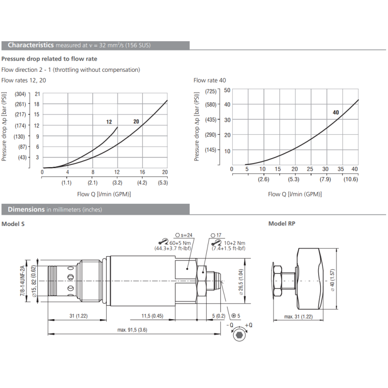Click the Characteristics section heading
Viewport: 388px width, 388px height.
point(31,45)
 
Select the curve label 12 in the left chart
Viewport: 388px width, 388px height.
point(109,122)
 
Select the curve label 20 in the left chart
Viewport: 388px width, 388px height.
point(136,121)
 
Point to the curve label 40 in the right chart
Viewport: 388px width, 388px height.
point(336,113)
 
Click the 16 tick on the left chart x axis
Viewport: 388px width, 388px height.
point(143,172)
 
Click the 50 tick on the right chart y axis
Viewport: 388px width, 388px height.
point(227,90)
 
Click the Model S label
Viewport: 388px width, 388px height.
point(13,224)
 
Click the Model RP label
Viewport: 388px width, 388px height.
point(282,224)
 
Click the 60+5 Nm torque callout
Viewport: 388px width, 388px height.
point(179,242)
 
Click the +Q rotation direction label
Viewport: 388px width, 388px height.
point(249,325)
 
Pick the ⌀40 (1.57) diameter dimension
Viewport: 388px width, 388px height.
point(333,280)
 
